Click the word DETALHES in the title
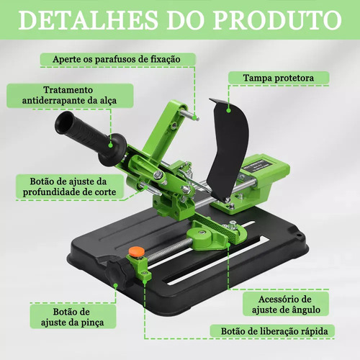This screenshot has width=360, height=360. (88, 19)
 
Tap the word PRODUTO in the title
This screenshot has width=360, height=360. (277, 19)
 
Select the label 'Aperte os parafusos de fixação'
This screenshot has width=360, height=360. (117, 59)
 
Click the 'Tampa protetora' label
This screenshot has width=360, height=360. (279, 78)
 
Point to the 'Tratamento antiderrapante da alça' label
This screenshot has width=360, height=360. (69, 95)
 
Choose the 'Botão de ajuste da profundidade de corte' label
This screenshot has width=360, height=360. (69, 186)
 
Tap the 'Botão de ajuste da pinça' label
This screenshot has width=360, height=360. (72, 317)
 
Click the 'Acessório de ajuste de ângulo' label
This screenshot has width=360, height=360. (286, 305)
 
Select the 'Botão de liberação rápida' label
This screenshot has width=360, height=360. (274, 331)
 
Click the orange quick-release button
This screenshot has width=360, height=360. (136, 251)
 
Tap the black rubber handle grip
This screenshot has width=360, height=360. (90, 138)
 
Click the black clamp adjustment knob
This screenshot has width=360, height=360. (117, 272)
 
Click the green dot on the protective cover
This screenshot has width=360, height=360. (229, 110)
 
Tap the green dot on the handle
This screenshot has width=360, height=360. (110, 145)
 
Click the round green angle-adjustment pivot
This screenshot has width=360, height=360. (202, 235)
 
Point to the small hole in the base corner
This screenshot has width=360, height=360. (298, 234)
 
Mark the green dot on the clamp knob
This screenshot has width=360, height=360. (115, 286)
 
